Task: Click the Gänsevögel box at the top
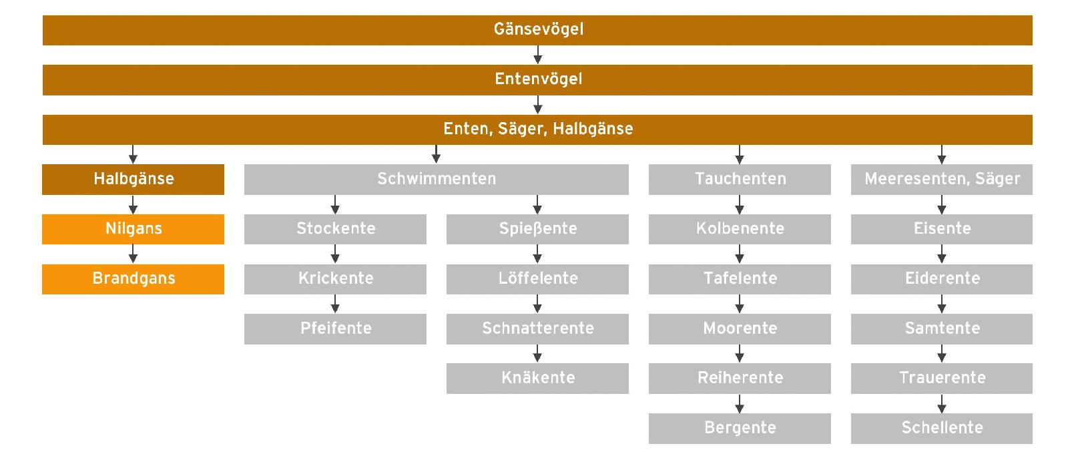tap(537, 30)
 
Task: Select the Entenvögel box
tap(537, 80)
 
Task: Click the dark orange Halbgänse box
tap(133, 180)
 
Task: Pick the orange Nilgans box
tap(133, 229)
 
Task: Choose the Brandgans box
tap(133, 279)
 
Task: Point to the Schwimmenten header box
tap(437, 180)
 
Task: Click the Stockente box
tap(335, 229)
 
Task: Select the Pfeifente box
tap(335, 328)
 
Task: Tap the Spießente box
tap(537, 229)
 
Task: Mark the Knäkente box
tap(537, 379)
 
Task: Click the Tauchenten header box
tap(740, 180)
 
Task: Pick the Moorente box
tap(740, 328)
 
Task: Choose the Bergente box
tap(740, 429)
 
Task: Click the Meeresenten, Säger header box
tap(942, 180)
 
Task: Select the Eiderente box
tap(942, 279)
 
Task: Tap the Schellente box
tap(942, 429)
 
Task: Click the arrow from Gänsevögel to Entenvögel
tap(538, 55)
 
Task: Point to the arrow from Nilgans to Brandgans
tap(133, 254)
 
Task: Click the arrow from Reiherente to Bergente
tap(740, 403)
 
